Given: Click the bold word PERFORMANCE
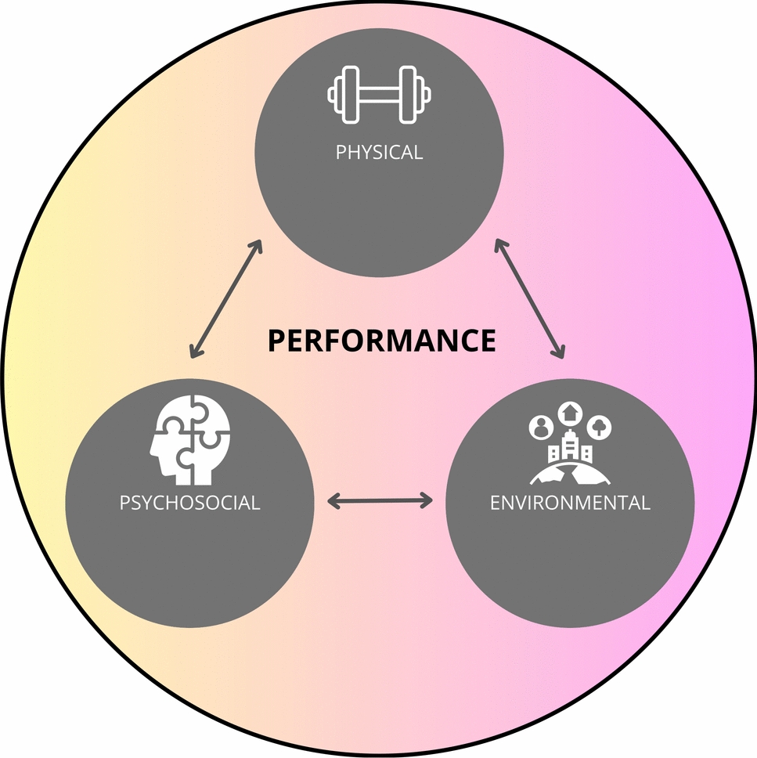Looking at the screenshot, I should point(381,341).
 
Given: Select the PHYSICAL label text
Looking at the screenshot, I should point(379,152).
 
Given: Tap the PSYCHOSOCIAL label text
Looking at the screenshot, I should point(189,502).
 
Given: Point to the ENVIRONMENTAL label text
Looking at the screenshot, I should point(570,502).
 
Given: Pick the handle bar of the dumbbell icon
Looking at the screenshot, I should point(380,95).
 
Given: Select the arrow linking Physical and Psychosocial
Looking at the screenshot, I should point(225,300).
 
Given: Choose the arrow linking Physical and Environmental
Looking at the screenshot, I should point(528,300).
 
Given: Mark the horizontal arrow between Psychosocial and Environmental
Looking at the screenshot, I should point(380,500).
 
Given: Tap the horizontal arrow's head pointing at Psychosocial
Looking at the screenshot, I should point(332,500).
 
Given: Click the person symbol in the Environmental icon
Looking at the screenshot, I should point(541,427).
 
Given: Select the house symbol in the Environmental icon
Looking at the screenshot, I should point(569,412).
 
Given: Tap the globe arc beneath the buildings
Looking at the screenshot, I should point(570,472).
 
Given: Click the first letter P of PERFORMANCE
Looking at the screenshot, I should point(276,341).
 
